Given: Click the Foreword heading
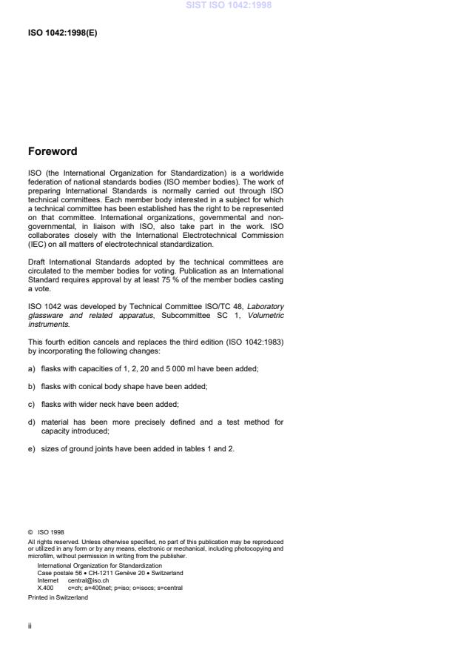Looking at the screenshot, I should [x=52, y=152].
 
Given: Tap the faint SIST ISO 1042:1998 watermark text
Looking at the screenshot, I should [x=229, y=4].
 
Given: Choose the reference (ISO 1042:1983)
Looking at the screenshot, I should [x=247, y=342].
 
